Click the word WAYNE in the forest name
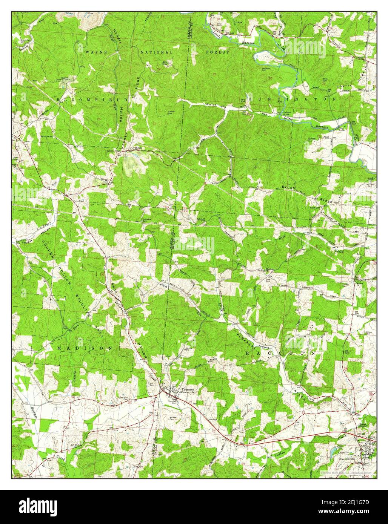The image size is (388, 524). pyautogui.click(x=96, y=52)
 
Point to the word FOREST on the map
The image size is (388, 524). pyautogui.click(x=217, y=52)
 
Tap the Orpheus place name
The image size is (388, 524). pyautogui.click(x=136, y=148)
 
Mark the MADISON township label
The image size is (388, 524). pyautogui.click(x=85, y=348)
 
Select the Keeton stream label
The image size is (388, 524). pyautogui.click(x=211, y=104)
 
